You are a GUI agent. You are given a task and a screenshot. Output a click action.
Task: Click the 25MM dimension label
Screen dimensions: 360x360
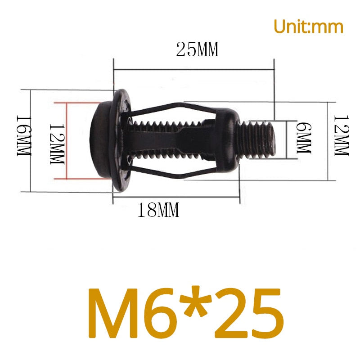(197, 50)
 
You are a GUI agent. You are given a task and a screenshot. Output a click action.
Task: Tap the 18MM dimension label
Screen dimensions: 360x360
(158, 210)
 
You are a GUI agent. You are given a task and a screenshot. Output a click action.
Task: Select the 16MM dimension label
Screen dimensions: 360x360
(23, 136)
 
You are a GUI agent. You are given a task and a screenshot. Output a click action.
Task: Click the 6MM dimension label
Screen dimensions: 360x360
(304, 138)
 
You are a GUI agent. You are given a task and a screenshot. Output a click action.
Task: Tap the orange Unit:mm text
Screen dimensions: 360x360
(308, 27)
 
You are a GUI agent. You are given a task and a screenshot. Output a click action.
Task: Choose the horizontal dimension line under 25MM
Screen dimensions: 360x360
(193, 69)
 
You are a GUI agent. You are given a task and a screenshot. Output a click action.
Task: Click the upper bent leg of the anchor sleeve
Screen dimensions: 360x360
(171, 108)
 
